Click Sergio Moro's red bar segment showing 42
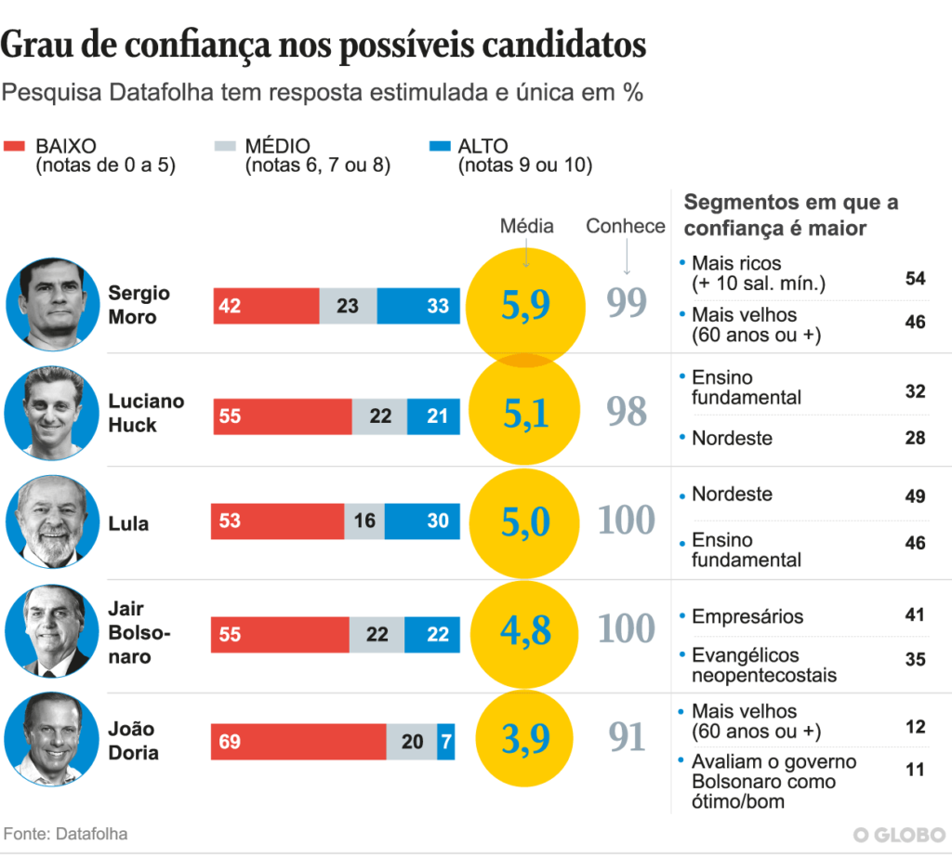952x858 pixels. coord(267,306)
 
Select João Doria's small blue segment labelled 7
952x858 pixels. coord(446,741)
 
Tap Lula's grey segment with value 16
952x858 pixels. coord(364,521)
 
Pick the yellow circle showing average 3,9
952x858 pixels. coord(526,738)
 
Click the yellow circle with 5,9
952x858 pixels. coord(526,304)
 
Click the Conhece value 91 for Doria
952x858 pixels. coord(628,737)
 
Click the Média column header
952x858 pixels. coord(526,226)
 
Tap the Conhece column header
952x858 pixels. coord(626,226)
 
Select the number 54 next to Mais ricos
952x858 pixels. coord(915,280)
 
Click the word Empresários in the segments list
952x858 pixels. coord(747,616)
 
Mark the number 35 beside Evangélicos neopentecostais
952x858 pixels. coord(915,659)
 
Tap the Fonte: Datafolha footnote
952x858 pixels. coord(66,834)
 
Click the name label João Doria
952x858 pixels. coord(132,741)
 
